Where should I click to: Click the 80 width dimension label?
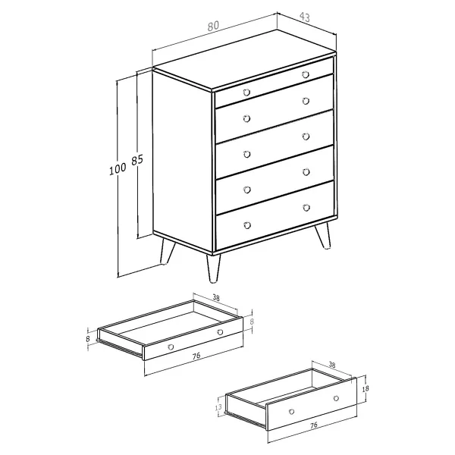213,26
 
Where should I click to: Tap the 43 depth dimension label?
304,17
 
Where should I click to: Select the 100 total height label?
118,169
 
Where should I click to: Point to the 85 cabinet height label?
137,160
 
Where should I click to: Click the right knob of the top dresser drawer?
306,74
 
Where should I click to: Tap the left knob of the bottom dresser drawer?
247,225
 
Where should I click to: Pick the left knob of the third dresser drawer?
247,154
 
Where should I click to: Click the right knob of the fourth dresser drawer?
306,172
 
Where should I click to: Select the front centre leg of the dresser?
213,268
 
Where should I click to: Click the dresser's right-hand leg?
324,235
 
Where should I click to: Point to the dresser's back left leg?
167,252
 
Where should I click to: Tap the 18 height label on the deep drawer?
366,388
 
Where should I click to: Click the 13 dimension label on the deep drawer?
218,407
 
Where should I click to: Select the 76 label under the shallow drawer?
196,356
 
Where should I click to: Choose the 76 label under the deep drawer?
314,425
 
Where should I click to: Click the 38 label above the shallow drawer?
216,297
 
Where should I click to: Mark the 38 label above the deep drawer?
331,365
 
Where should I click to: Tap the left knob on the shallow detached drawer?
171,347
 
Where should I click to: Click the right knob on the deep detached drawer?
336,398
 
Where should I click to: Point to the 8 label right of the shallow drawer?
252,322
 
